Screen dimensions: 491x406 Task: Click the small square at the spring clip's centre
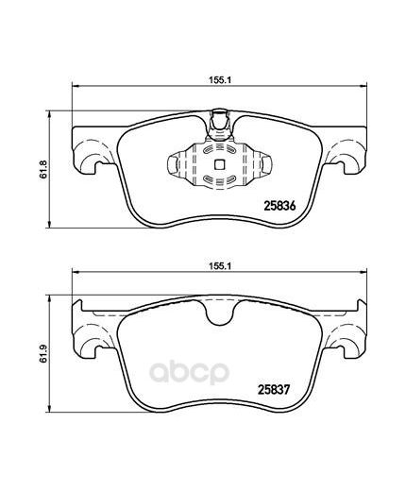click(x=219, y=163)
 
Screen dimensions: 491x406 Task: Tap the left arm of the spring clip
click(x=178, y=164)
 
